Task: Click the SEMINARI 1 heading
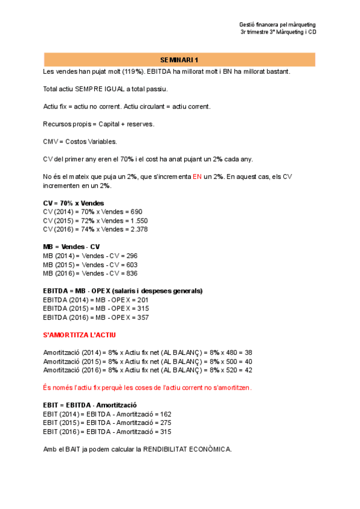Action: [x=179, y=60]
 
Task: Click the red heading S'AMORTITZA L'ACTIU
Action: [x=80, y=334]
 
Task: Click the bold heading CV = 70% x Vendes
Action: [x=73, y=203]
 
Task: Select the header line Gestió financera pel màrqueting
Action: [x=277, y=25]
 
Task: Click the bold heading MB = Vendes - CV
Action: [x=71, y=247]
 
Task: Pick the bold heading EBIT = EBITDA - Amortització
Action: [x=90, y=405]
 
